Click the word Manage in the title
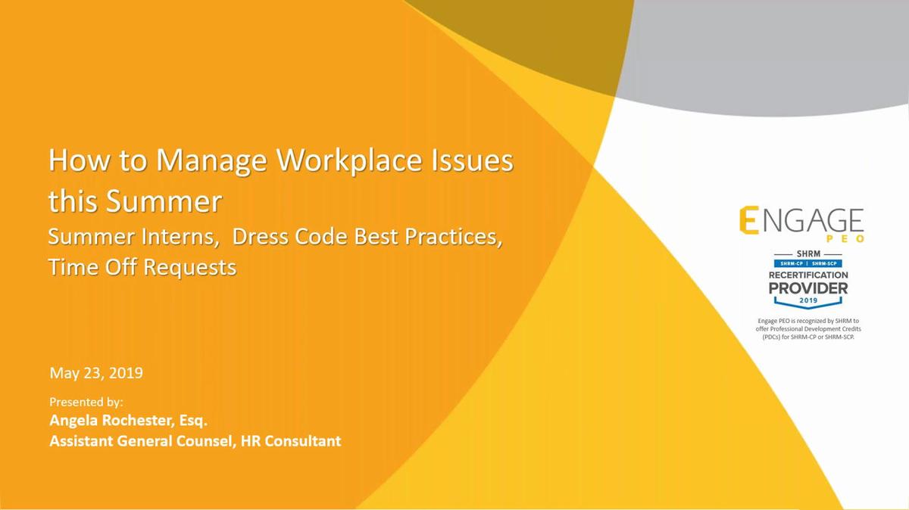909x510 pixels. click(x=211, y=161)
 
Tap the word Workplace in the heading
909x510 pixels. click(x=349, y=161)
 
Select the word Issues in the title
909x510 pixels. click(x=473, y=160)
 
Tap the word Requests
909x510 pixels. click(x=190, y=268)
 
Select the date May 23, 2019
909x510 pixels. click(x=96, y=373)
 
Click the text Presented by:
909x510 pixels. click(x=86, y=402)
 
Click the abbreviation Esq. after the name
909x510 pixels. click(x=193, y=421)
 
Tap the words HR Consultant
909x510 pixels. click(x=291, y=440)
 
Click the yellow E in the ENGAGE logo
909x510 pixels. click(x=748, y=220)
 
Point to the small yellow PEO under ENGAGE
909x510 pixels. click(x=845, y=239)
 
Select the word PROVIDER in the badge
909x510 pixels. click(x=808, y=288)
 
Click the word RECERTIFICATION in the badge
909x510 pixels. click(x=808, y=275)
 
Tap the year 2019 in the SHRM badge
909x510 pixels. click(x=808, y=300)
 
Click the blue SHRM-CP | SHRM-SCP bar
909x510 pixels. click(x=808, y=263)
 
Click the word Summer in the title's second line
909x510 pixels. click(x=164, y=201)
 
